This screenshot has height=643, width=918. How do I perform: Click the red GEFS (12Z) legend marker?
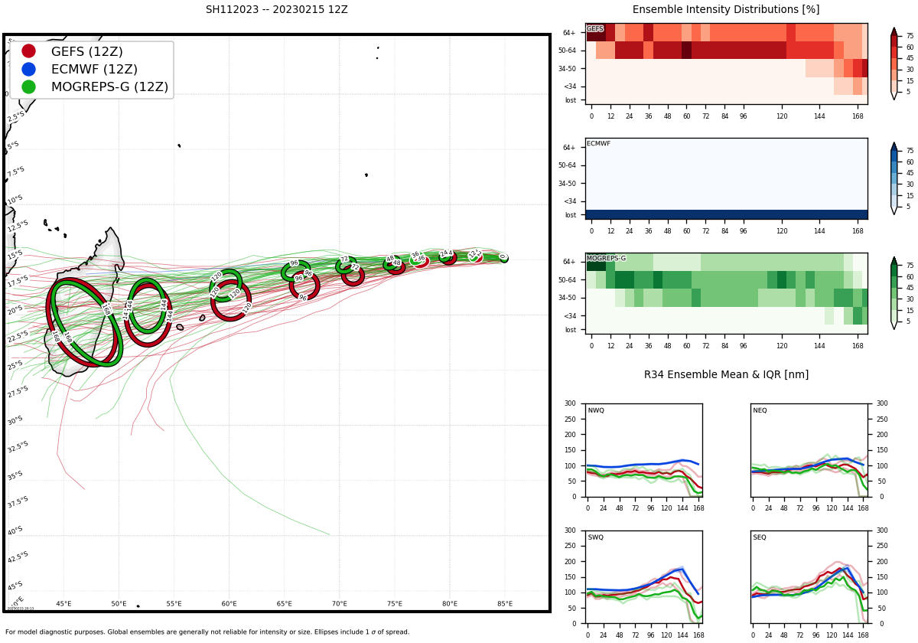[28, 51]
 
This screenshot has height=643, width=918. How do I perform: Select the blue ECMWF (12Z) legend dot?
[28, 69]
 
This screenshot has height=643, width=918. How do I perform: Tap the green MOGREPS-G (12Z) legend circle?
[28, 86]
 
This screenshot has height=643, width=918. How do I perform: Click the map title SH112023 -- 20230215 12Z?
[276, 10]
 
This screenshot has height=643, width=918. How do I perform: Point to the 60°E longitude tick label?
[229, 604]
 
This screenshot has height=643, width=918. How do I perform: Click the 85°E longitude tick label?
[505, 604]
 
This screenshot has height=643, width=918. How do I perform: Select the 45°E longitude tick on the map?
[63, 604]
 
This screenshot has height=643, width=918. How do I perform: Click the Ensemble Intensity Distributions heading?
[725, 10]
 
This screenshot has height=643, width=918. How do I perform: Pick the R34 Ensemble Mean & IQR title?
[725, 375]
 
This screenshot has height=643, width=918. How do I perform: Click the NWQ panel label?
[596, 411]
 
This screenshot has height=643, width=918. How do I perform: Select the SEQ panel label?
[760, 537]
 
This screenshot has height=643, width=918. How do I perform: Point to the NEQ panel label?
[760, 411]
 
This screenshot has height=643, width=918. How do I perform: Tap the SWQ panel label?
[596, 537]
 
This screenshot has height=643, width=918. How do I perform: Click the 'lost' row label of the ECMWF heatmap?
[571, 215]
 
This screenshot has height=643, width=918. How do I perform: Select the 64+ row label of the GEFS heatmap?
[569, 33]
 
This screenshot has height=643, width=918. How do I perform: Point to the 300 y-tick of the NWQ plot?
[570, 403]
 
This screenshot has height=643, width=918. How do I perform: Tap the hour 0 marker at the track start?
[503, 257]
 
